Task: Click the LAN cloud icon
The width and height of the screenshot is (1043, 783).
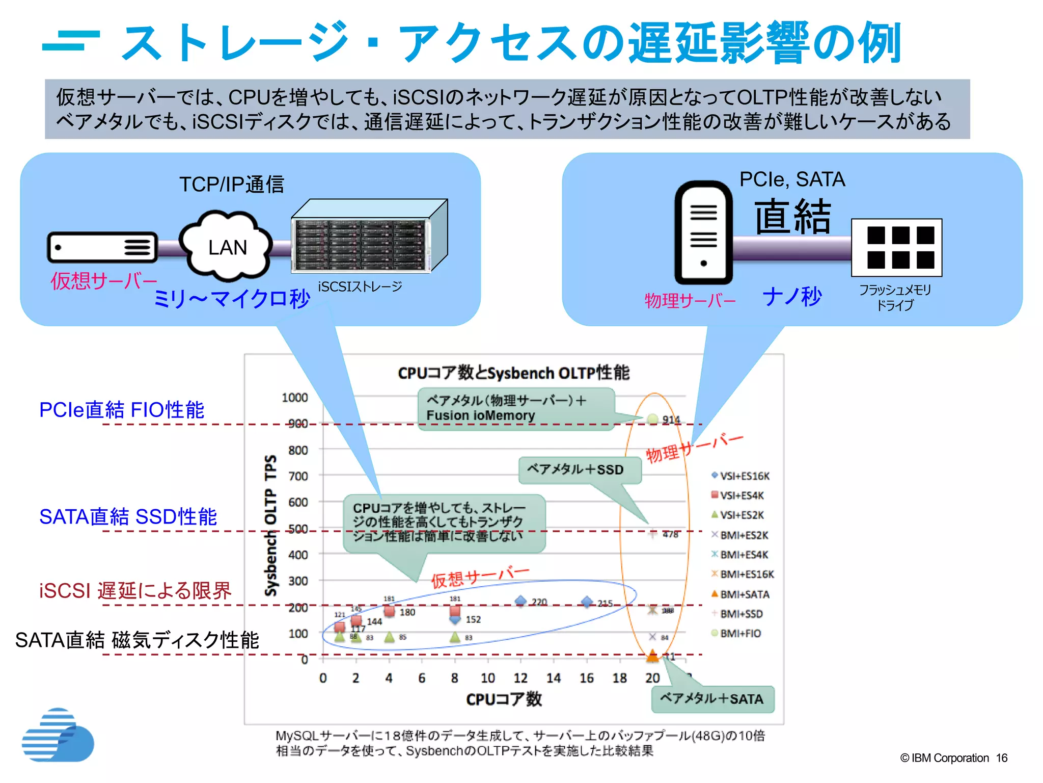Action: click(227, 246)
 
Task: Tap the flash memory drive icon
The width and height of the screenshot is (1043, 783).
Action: click(896, 248)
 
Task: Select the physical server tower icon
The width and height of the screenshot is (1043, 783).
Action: click(703, 232)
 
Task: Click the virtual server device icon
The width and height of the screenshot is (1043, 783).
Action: click(102, 248)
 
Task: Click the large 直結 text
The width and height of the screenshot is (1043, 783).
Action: click(792, 216)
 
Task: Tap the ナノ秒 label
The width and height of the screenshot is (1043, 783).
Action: click(792, 296)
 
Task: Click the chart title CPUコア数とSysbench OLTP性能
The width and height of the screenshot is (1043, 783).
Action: click(513, 373)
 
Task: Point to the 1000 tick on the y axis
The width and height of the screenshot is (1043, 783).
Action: click(295, 398)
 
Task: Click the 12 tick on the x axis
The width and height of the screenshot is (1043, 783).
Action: click(520, 678)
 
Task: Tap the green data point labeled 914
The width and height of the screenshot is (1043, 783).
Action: click(652, 419)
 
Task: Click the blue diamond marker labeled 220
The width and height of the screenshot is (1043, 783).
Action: click(520, 602)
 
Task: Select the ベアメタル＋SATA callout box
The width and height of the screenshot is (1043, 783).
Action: click(712, 699)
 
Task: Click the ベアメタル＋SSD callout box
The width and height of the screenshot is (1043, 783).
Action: click(579, 469)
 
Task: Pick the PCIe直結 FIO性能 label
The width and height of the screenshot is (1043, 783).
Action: click(122, 410)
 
